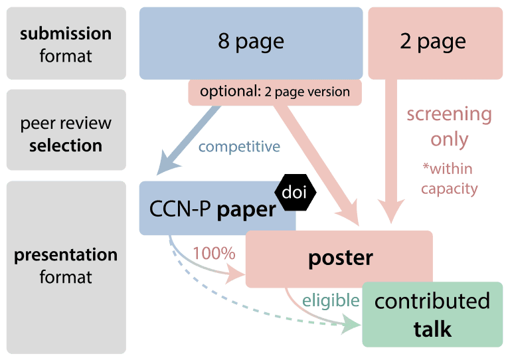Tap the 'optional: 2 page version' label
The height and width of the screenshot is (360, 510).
275,92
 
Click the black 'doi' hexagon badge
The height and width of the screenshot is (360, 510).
296,193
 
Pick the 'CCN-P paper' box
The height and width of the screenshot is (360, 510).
212,209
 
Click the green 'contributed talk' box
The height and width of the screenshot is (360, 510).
432,314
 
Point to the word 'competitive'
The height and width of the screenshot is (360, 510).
239,146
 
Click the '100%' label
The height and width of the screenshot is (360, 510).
214,253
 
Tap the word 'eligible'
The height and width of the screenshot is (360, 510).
330,300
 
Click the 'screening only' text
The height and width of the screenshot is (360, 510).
449,126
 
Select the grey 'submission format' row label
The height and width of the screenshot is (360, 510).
65,44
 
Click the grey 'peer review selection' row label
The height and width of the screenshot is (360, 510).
65,134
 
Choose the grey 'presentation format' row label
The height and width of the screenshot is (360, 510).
65,266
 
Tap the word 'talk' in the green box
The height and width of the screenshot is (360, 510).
432,329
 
